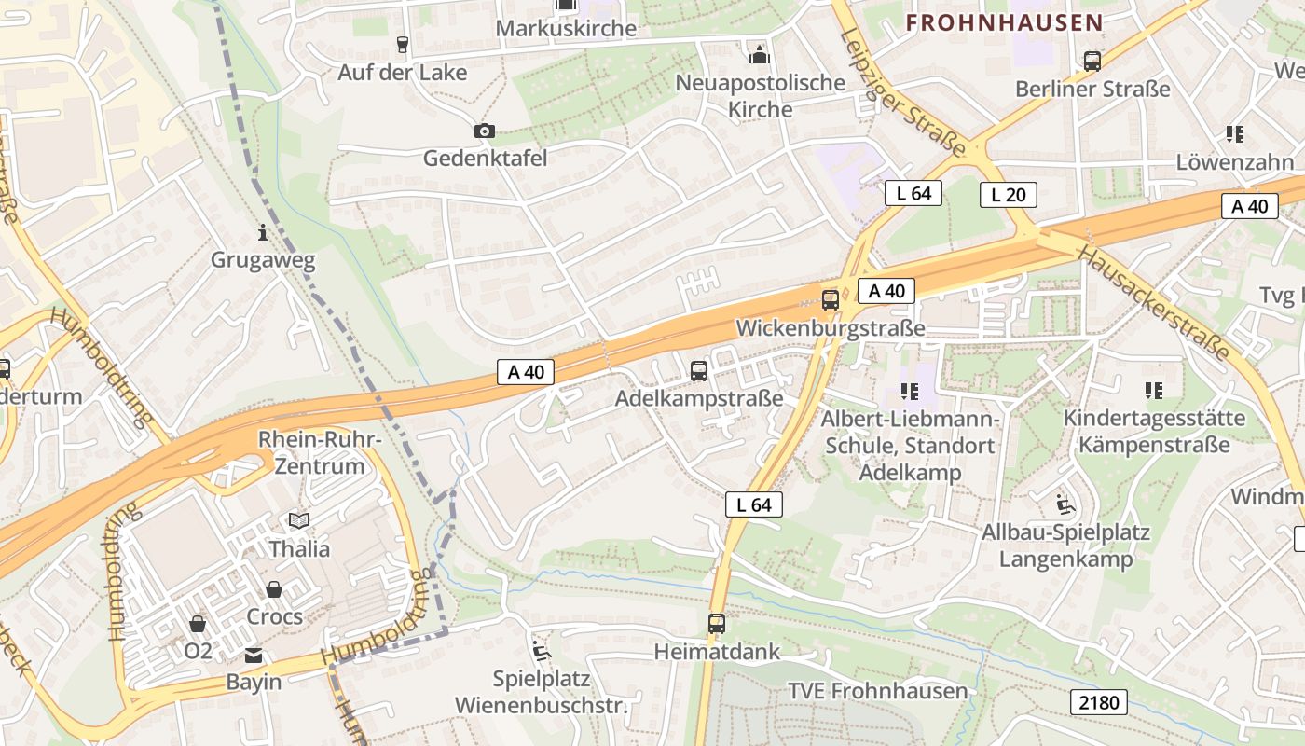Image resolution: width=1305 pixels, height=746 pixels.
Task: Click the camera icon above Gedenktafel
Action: [x=484, y=131]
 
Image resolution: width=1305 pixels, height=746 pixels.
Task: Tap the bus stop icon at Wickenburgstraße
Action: [x=830, y=300]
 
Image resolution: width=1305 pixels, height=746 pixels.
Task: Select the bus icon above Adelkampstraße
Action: [x=699, y=371]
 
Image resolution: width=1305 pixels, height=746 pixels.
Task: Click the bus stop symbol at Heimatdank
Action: [x=716, y=624]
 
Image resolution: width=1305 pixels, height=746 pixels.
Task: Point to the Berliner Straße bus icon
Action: [x=1092, y=62]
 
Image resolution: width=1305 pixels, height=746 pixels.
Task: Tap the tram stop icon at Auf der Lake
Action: [x=403, y=45]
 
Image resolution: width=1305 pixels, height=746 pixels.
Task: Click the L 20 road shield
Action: [x=1008, y=195]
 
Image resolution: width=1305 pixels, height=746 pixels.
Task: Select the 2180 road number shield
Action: [x=1099, y=702]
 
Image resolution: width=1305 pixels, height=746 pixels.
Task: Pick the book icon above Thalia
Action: [x=299, y=520]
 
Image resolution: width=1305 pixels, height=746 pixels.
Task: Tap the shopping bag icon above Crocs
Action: [x=274, y=589]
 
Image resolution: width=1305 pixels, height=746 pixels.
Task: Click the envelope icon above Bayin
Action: [x=254, y=656]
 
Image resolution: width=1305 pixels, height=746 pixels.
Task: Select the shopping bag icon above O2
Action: [x=198, y=623]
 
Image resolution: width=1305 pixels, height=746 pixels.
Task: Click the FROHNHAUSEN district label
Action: [x=1004, y=22]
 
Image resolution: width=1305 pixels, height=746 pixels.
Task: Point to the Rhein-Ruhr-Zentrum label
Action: [x=320, y=452]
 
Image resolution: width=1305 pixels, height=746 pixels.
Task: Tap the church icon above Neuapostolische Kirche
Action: [x=760, y=54]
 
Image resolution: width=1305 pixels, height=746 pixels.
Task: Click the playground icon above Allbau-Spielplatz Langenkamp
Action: [x=1065, y=504]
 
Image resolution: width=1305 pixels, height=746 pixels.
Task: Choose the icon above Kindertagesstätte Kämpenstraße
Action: [x=1154, y=390]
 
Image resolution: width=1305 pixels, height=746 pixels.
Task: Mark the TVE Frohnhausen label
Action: [x=878, y=691]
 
